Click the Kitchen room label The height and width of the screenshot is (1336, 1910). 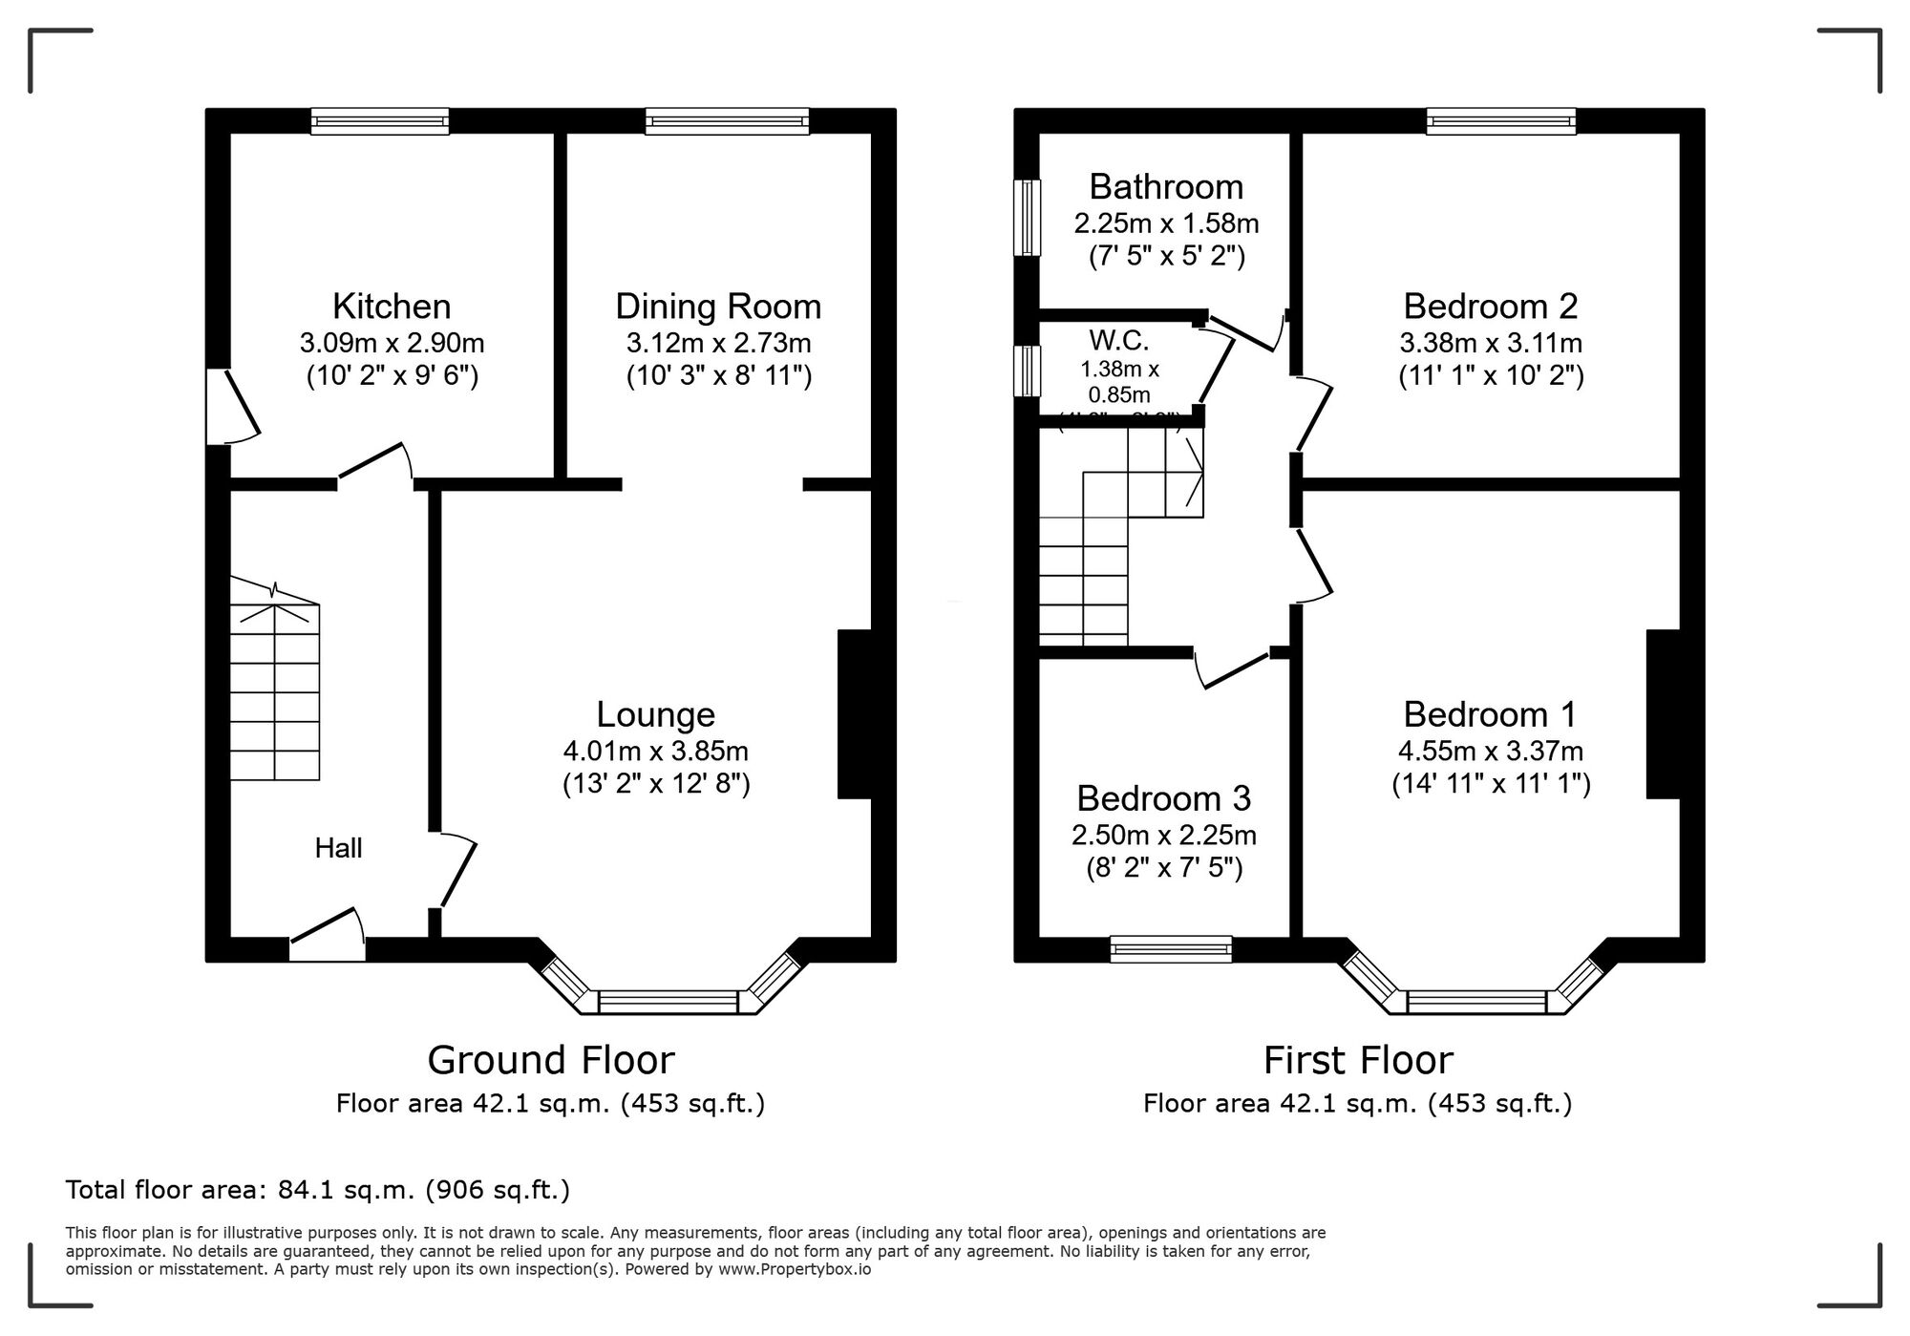[392, 307]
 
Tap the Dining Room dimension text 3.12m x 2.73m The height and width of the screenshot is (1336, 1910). [718, 342]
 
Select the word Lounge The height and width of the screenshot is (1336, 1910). [655, 714]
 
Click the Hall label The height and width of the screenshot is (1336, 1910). [338, 848]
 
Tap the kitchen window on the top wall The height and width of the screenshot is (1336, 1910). [380, 121]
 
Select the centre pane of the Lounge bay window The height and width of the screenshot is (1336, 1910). [668, 1001]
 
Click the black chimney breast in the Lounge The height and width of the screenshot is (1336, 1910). [854, 713]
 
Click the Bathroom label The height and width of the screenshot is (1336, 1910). [1166, 186]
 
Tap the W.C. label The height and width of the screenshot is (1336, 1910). [1118, 340]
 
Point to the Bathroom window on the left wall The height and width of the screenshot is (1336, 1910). [1027, 218]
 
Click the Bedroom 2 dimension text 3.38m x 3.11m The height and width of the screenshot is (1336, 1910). [1491, 342]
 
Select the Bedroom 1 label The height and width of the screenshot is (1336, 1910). [1490, 714]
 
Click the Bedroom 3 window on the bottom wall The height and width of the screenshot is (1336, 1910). [1171, 948]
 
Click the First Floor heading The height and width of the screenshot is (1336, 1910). [1357, 1060]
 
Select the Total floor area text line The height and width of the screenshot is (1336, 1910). [317, 1190]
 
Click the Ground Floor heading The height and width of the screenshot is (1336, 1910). [550, 1060]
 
